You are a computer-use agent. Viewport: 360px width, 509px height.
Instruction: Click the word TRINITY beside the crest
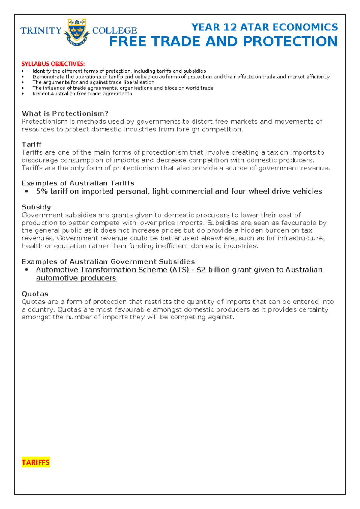pos(41,31)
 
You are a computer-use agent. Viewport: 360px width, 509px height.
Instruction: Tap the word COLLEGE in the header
pos(115,31)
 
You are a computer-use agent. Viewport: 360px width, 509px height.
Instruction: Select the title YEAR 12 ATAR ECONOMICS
pos(265,27)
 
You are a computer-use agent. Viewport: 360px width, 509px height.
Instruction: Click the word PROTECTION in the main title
pos(290,41)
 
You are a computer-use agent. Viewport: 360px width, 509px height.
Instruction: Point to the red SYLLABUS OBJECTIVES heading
pos(53,64)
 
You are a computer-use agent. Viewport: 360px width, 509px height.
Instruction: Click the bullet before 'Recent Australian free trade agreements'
pos(23,94)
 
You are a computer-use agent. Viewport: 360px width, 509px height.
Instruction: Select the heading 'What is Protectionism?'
pos(65,113)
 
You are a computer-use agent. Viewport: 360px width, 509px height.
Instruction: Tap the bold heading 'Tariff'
pos(31,144)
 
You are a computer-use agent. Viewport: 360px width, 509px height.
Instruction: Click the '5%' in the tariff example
pos(42,191)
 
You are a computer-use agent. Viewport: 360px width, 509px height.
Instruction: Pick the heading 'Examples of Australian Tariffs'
pos(78,183)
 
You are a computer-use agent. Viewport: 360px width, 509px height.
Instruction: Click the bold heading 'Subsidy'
pos(36,207)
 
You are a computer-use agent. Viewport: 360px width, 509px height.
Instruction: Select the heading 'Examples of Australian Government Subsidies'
pos(108,262)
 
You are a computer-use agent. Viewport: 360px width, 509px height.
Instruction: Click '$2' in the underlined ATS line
pos(201,270)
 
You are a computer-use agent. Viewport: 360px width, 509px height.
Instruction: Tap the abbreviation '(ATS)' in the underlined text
pos(179,270)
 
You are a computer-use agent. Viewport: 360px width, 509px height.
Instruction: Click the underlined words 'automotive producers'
pos(76,278)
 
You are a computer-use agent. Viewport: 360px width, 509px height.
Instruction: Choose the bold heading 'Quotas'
pos(35,294)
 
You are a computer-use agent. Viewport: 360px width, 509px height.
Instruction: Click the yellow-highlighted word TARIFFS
pos(36,462)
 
